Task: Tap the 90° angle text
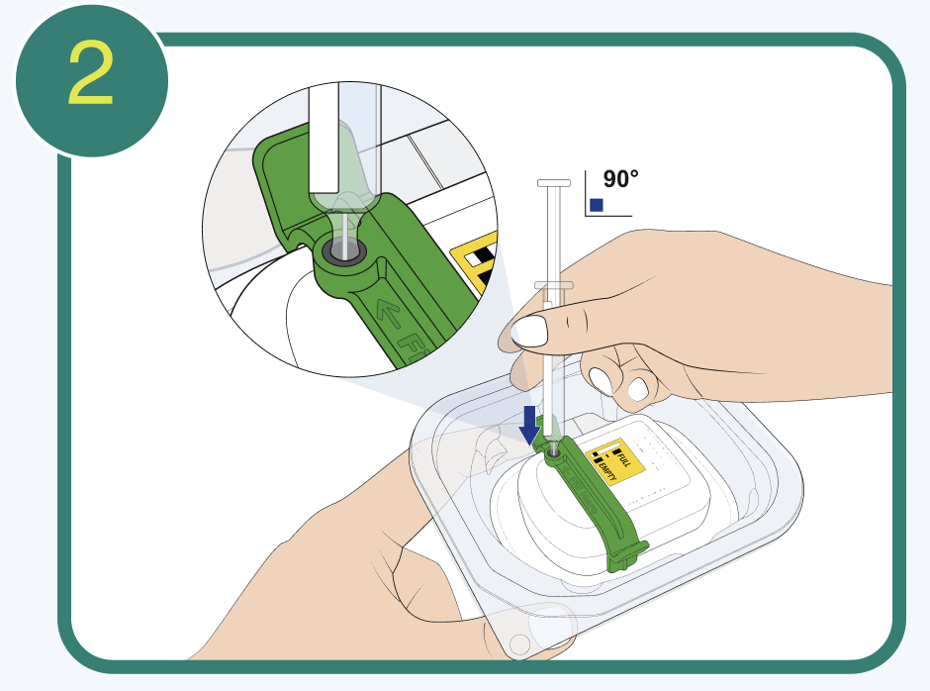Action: point(620,179)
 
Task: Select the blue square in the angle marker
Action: point(596,205)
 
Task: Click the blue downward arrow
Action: point(531,423)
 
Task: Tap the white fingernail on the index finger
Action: point(529,330)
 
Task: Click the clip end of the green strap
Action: point(627,555)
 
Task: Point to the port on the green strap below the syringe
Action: point(552,450)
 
